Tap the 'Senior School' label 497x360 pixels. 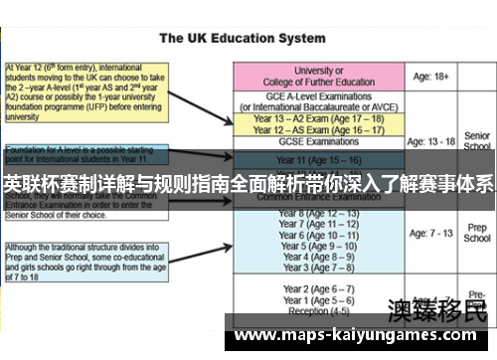click(477, 140)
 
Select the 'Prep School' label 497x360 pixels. click(477, 233)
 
